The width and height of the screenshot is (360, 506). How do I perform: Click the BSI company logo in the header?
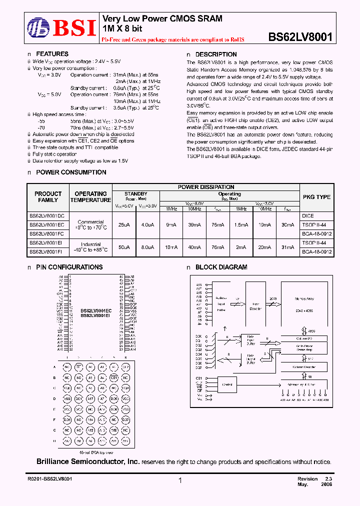[x=60, y=28]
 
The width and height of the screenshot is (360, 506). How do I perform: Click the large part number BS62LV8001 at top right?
[x=300, y=36]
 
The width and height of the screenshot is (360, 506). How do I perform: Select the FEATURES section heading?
[x=52, y=54]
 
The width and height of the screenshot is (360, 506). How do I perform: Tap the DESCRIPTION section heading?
[x=216, y=54]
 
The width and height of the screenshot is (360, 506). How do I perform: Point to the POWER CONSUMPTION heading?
[x=70, y=172]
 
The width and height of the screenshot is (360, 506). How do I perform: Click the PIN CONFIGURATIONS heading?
[x=69, y=267]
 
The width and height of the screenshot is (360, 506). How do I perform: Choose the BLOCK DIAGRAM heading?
[x=221, y=267]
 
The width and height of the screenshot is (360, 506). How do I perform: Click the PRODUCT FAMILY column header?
[x=48, y=196]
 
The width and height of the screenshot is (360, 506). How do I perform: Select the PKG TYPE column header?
[x=316, y=197]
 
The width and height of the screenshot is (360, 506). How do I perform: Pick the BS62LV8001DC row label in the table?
[x=50, y=215]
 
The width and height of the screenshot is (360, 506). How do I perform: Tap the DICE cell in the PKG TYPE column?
[x=308, y=215]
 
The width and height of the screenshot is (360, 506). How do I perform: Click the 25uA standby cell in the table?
[x=123, y=225]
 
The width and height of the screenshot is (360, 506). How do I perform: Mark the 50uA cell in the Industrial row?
[x=123, y=247]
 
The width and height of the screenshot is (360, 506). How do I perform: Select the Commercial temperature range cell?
[x=90, y=224]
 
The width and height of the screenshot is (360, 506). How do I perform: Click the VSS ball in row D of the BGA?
[x=66, y=398]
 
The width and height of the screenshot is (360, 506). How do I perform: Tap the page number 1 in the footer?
[x=180, y=480]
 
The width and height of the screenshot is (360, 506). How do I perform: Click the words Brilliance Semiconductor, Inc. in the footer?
[x=88, y=461]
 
